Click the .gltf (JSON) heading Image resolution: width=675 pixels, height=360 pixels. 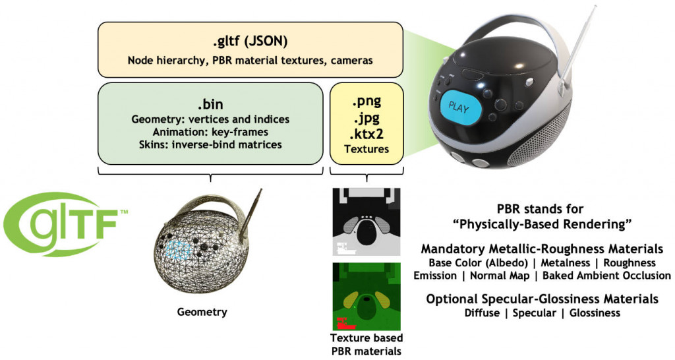(x=250, y=42)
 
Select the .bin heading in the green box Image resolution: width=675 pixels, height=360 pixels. (x=210, y=104)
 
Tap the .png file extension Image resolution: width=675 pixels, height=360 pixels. (x=367, y=102)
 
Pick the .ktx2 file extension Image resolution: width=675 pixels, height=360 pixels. (x=367, y=133)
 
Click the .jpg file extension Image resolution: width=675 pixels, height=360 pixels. (x=367, y=117)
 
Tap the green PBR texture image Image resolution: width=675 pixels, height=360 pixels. (x=367, y=297)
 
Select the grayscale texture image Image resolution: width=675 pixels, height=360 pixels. (x=367, y=222)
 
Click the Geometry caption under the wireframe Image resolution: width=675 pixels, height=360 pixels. (x=202, y=312)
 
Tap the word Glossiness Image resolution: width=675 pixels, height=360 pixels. (x=595, y=313)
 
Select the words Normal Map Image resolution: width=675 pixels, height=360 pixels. (x=500, y=276)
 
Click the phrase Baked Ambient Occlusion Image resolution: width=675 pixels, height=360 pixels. (x=606, y=276)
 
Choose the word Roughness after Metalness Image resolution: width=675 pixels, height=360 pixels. (x=630, y=262)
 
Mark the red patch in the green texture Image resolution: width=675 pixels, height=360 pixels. (x=344, y=323)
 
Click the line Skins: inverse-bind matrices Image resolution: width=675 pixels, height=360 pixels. (x=210, y=144)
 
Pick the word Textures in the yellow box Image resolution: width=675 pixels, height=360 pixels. (x=367, y=149)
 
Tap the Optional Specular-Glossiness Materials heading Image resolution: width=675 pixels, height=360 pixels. (x=542, y=299)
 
